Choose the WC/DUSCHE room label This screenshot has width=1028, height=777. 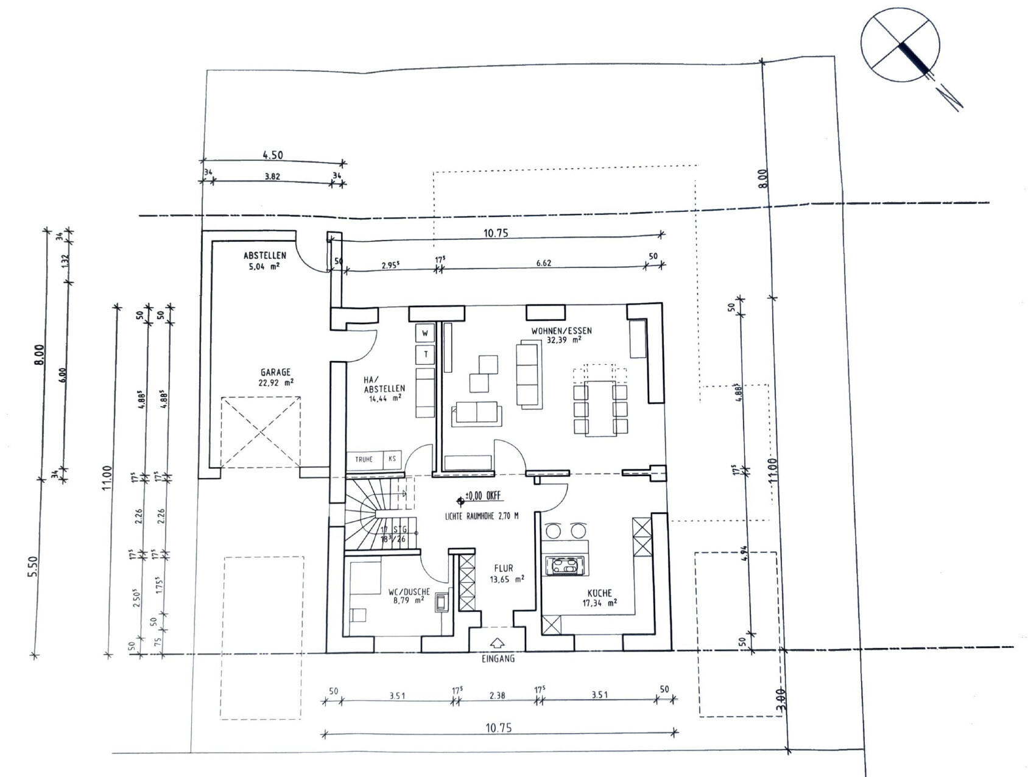pos(409,596)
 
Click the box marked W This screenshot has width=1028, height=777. pos(425,333)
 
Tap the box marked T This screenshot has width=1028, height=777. pos(425,354)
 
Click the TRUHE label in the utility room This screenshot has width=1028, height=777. pos(364,459)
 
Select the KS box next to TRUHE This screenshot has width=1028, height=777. pos(392,459)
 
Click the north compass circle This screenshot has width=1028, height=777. pos(899,46)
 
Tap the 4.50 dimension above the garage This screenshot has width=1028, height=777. pos(272,155)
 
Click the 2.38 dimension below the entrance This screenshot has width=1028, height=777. pos(497,695)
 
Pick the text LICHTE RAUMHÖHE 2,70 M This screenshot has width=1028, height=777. pos(482,516)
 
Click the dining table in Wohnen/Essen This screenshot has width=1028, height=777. pos(600,407)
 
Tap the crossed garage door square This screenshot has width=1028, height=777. pos(261,432)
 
